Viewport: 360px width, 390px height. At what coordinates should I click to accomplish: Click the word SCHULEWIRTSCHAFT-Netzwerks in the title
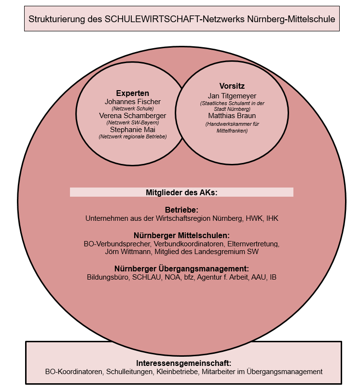point(175,19)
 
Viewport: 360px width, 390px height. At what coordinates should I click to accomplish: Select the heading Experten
point(132,93)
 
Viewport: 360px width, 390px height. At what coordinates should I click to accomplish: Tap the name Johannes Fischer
point(132,102)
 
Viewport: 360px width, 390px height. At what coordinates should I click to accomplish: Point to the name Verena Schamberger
point(132,116)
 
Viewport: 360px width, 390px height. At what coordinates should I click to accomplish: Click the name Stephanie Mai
point(132,130)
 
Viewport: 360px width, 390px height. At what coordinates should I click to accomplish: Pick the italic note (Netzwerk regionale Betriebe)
point(132,136)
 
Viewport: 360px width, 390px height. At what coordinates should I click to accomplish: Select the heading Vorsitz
point(232,86)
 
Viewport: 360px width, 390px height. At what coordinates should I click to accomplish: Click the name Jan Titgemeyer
point(232,96)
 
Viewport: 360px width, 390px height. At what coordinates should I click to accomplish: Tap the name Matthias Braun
point(232,116)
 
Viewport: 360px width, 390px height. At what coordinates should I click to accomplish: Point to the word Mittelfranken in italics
point(232,131)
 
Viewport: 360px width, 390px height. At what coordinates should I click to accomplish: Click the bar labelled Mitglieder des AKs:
point(181,192)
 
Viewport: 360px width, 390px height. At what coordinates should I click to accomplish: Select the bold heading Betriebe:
point(181,210)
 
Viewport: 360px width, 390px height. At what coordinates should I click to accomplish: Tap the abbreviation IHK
point(272,218)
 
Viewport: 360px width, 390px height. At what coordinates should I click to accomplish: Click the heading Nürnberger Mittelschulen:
point(181,235)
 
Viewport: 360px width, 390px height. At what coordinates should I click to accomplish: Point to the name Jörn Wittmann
point(128,252)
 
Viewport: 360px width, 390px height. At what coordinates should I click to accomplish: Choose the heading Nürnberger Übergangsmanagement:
point(181,269)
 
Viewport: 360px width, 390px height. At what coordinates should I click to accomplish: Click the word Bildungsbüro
point(108,277)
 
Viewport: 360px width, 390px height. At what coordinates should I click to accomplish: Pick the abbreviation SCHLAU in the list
point(147,277)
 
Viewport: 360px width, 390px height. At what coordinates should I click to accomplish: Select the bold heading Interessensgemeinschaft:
point(183,363)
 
